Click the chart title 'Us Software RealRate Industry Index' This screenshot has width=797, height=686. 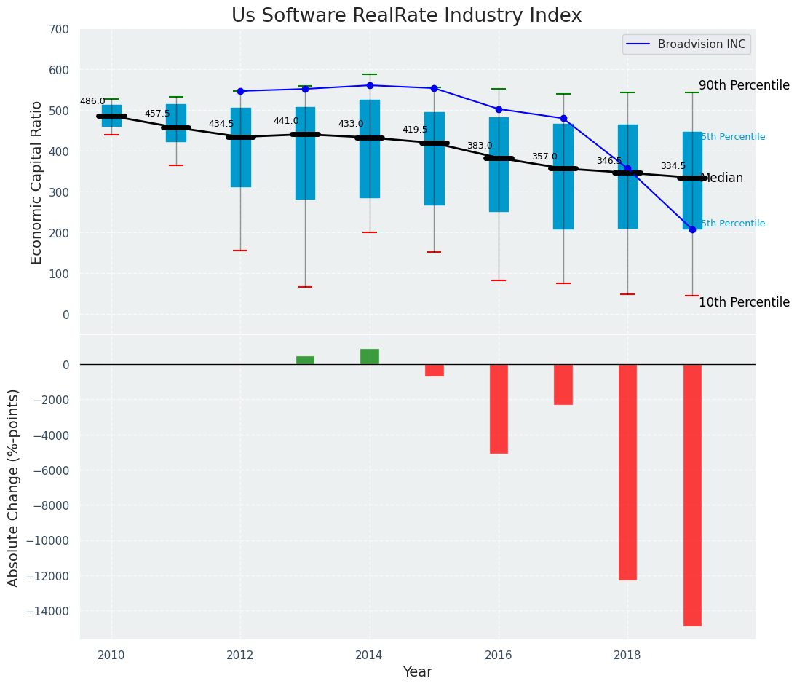point(406,16)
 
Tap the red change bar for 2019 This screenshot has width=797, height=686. point(692,494)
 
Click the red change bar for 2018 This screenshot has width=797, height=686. point(627,472)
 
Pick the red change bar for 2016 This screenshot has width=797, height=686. point(499,409)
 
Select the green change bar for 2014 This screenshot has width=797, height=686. point(370,357)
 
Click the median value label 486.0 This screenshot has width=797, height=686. point(92,102)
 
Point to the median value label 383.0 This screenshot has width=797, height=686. point(480,146)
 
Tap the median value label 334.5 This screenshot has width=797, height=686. point(673,167)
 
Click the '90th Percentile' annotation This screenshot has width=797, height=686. point(744,86)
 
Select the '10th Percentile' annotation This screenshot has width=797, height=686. point(744,303)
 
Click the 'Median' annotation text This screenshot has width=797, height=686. point(721,178)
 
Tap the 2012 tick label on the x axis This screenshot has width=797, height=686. point(240,655)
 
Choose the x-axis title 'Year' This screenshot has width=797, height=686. point(418,672)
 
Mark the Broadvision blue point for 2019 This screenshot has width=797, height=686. point(692,229)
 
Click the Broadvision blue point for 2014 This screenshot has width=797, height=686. point(370,85)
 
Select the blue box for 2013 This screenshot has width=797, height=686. point(305,153)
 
